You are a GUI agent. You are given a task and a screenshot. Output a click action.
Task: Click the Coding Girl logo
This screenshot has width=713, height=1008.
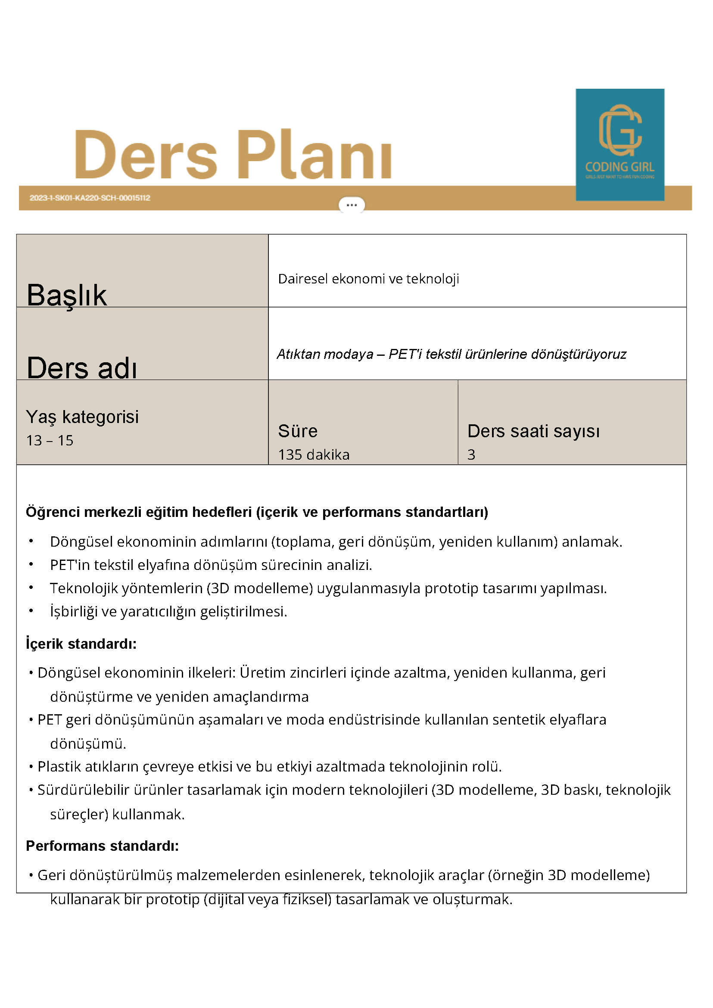point(620,144)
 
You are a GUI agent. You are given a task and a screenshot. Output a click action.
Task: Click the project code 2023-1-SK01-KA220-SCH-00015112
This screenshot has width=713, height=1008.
point(90,198)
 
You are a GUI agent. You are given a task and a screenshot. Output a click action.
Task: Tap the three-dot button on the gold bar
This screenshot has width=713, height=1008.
point(351,205)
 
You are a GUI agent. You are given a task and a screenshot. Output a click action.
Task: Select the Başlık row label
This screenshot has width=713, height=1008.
point(66,295)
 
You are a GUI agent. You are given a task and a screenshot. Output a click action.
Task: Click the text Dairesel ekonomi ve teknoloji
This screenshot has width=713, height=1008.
point(368,279)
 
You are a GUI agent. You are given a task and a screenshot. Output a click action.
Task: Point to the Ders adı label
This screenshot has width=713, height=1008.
point(82,367)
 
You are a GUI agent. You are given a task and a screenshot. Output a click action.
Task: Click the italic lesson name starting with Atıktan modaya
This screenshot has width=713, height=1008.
point(451,354)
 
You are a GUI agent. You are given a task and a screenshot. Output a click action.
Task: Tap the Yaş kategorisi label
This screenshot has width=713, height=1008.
point(82,417)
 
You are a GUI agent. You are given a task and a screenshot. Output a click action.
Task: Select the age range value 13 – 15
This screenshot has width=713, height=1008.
point(50,440)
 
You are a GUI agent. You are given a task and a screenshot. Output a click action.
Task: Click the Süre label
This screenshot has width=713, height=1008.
point(298,431)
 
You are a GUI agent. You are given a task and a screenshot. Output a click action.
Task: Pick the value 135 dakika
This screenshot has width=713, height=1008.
point(314,454)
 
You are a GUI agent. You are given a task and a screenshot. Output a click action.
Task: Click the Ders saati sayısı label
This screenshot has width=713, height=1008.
point(533,431)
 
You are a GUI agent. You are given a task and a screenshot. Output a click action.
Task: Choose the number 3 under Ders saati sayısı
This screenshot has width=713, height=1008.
point(471,454)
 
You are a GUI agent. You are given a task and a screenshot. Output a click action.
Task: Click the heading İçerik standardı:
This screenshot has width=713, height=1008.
point(81,644)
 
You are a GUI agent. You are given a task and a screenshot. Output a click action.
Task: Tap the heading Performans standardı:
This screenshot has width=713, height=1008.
point(102,846)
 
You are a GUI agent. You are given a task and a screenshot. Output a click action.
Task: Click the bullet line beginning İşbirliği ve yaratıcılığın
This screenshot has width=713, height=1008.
point(168,612)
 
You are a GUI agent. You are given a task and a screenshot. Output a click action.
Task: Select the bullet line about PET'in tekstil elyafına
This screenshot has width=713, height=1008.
point(211,565)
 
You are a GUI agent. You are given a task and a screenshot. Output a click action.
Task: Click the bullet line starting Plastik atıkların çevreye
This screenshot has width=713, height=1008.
point(269,766)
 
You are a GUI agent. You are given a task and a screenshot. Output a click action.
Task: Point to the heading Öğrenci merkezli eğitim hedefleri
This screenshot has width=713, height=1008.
point(257,512)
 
